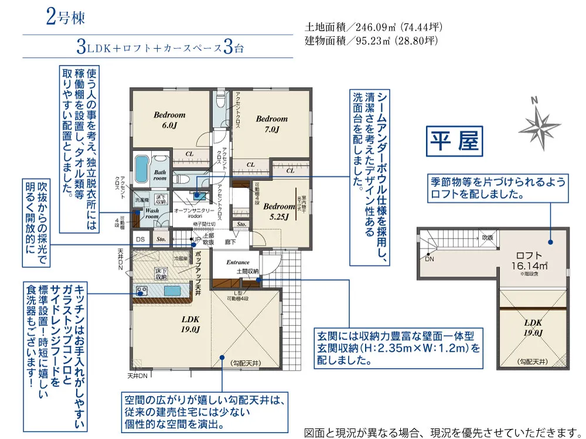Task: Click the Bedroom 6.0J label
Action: click(170, 120)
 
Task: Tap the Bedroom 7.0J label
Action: click(272, 124)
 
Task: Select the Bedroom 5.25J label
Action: click(279, 211)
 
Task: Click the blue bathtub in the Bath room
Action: click(141, 169)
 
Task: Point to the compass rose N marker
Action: click(534, 101)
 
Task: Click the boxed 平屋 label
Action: click(455, 141)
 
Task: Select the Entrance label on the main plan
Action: click(237, 262)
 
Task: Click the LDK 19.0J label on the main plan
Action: click(190, 324)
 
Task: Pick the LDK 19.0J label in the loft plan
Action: click(533, 328)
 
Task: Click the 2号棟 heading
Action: click(65, 18)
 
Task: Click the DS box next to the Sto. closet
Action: click(141, 239)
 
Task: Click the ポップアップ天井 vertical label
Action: click(198, 273)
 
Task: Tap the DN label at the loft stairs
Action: click(430, 258)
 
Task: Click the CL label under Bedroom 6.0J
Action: click(189, 155)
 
